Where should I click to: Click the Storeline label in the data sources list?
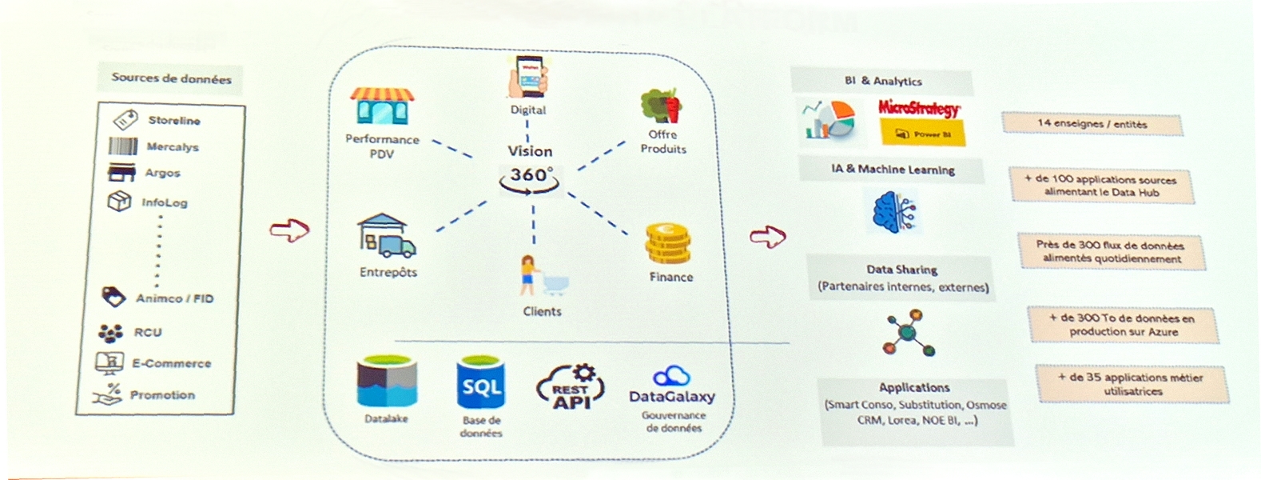point(174,120)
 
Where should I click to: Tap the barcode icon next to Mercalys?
point(122,146)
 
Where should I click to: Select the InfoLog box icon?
point(119,201)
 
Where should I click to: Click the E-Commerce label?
point(171,363)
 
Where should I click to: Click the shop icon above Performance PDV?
point(382,106)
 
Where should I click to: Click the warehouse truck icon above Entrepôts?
point(386,236)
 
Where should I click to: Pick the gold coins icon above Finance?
point(668,245)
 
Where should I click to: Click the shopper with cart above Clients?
point(542,276)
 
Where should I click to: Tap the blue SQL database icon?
point(481,385)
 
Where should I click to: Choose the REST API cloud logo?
point(571,387)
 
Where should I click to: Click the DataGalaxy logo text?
point(672,396)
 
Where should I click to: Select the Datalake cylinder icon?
point(387,382)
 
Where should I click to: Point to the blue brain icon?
point(893,211)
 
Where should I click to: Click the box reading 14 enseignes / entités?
point(1092,124)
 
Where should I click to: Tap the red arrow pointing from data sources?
point(289,230)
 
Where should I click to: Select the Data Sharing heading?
point(901,270)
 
